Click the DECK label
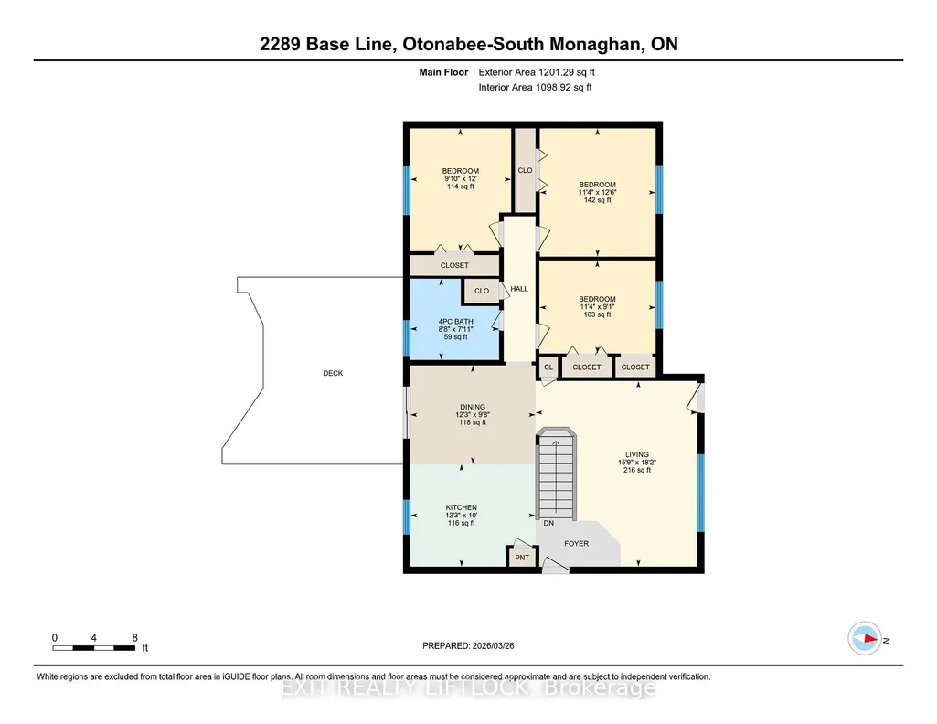click(333, 373)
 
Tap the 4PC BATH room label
click(456, 322)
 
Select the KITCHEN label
click(462, 507)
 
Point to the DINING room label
click(473, 407)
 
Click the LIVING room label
click(637, 454)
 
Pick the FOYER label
click(577, 544)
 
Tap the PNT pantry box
click(522, 557)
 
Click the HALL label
click(519, 289)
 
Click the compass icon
click(865, 639)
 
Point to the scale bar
click(94, 648)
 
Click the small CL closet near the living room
click(548, 367)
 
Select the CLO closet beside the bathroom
click(482, 291)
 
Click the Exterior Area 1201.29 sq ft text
click(537, 72)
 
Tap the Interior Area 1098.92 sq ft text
click(536, 87)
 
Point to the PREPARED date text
click(468, 645)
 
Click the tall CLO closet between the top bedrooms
click(526, 170)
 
